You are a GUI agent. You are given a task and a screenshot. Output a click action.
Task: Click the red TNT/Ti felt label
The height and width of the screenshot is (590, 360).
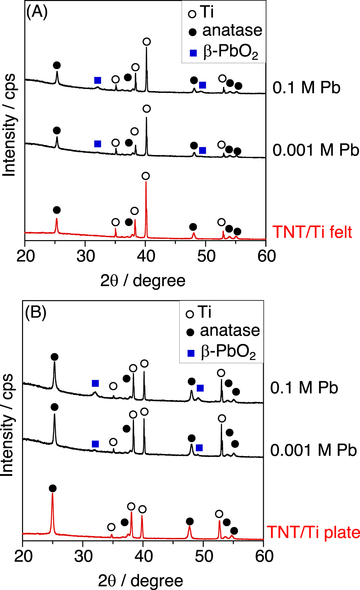tap(312, 232)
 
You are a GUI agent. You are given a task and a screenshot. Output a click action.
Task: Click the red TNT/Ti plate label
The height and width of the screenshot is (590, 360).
tap(313, 532)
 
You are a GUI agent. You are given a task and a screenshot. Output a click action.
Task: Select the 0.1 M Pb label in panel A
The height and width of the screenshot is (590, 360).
tap(306, 87)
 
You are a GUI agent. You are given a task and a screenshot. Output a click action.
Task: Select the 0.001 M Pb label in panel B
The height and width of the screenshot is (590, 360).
tap(313, 450)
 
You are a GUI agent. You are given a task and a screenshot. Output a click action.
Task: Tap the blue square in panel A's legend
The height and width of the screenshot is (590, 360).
tap(193, 53)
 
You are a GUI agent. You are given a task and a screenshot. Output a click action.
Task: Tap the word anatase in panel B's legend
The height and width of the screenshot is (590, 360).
tap(230, 330)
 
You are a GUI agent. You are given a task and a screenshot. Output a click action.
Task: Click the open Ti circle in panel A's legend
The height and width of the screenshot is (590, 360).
tap(192, 14)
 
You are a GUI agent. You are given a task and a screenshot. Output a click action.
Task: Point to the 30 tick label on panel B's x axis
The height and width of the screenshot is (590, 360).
tap(84, 557)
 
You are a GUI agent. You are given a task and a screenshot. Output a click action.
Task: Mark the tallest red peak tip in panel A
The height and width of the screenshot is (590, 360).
tap(146, 182)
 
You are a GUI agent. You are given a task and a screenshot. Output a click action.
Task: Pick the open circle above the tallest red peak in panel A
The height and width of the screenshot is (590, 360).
tap(145, 176)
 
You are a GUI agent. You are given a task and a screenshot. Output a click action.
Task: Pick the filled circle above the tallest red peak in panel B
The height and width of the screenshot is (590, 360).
tap(53, 488)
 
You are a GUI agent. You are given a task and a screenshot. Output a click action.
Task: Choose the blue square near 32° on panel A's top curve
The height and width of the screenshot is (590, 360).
tap(98, 80)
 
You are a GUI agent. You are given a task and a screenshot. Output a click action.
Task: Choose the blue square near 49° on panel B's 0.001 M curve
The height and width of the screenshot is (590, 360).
tap(199, 448)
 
